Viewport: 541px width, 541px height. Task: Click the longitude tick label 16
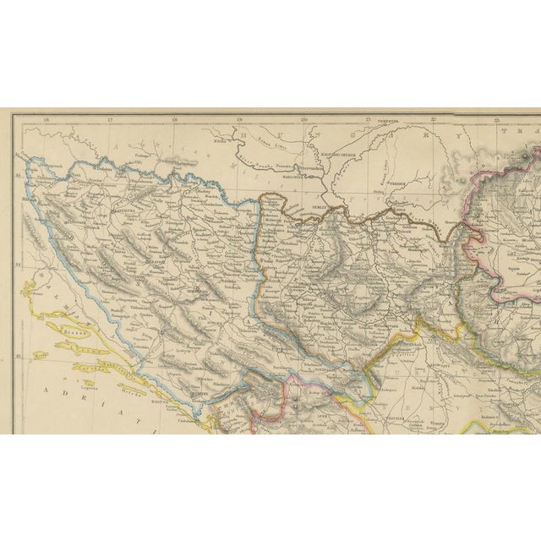coord(46,120)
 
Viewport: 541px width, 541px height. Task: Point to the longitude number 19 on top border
coord(239,120)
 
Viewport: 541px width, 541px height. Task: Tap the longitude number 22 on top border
coord(433,120)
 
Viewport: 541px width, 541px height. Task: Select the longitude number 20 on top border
coord(303,120)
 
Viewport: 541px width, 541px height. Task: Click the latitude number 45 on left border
coord(19,178)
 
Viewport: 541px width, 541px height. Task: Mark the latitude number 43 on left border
coord(19,357)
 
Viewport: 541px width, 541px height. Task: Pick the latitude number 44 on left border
coord(19,268)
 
